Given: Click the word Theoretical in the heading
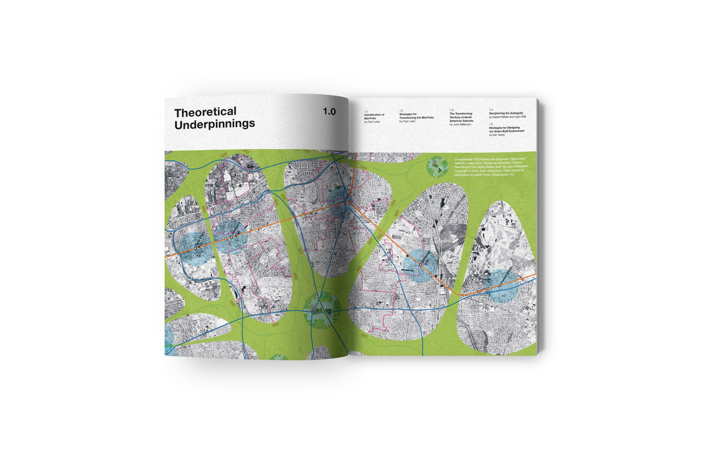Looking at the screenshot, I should click(205, 112).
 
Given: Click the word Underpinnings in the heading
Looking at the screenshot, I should click(214, 124).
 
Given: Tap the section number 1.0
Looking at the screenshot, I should click(328, 111).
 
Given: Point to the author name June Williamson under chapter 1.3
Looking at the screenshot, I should click(463, 125).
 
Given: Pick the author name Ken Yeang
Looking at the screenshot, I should click(497, 135).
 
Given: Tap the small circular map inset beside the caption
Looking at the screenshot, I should click(437, 166).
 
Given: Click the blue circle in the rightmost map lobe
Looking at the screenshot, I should click(502, 285).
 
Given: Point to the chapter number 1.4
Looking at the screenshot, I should click(491, 109).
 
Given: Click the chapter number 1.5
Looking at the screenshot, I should click(491, 124).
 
